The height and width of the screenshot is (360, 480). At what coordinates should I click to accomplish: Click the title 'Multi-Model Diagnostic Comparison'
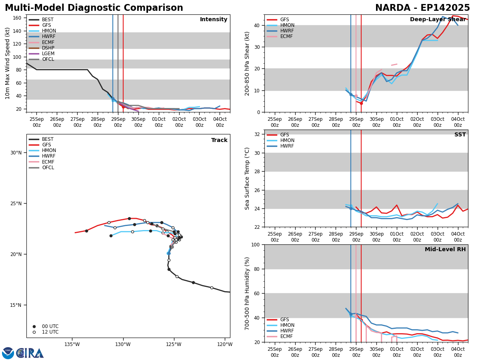tap(94, 8)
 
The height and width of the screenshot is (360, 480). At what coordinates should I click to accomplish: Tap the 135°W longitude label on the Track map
tap(72, 344)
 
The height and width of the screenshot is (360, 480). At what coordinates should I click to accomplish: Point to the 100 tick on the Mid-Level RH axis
tap(256, 244)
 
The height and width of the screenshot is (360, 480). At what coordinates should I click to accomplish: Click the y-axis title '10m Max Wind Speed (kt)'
tap(8, 63)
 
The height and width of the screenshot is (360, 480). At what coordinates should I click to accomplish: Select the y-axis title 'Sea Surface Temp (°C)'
tap(247, 178)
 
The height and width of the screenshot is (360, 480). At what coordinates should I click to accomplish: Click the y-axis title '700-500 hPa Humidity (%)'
tap(247, 293)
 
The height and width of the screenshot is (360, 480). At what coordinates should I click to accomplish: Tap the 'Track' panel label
tap(219, 140)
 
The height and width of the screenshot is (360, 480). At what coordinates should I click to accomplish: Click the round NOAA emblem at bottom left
tap(8, 353)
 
